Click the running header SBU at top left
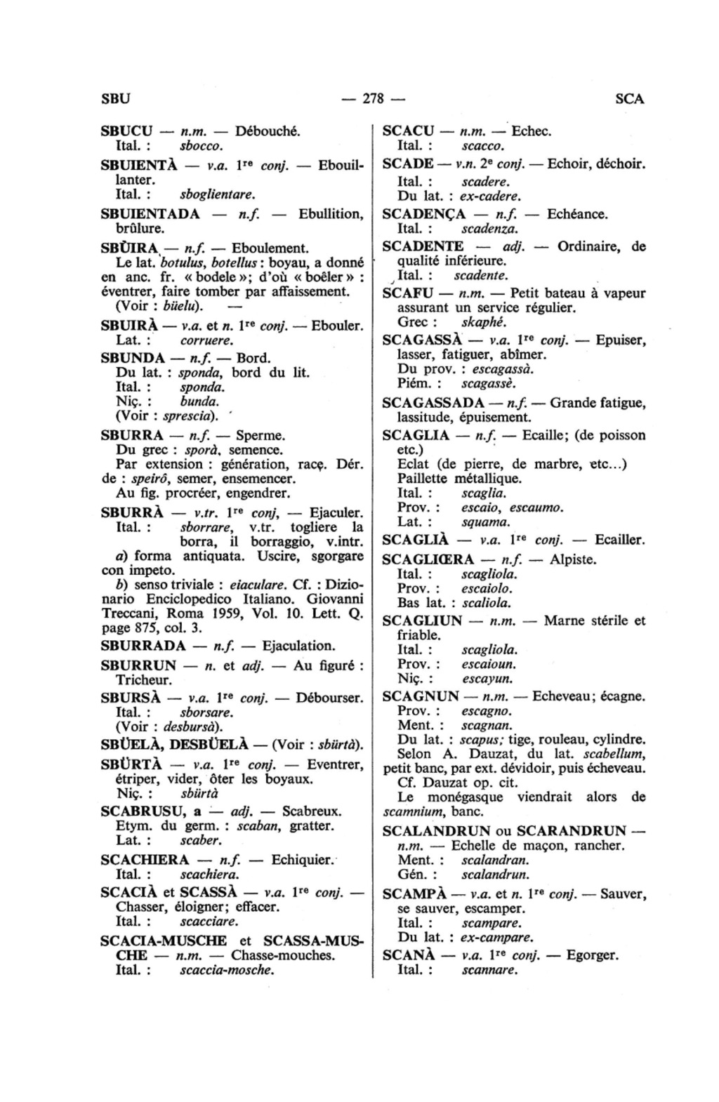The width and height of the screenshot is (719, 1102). tap(116, 99)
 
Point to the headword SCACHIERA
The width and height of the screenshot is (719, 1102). tap(145, 860)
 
